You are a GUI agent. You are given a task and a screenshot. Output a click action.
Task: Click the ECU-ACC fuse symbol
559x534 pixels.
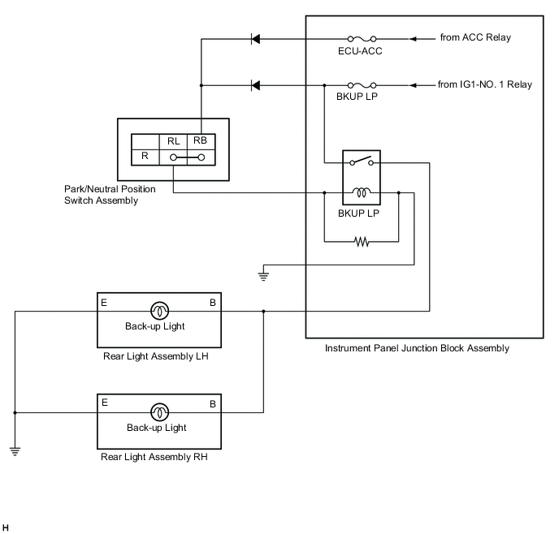(361, 38)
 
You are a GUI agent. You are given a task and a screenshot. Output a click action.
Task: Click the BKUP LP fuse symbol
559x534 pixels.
(361, 84)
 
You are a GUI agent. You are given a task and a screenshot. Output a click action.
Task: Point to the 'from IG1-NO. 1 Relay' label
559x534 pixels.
(485, 84)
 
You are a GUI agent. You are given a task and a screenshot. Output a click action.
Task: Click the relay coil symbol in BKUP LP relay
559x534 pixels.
(362, 193)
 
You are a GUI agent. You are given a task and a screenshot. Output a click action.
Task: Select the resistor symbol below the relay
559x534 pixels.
(362, 241)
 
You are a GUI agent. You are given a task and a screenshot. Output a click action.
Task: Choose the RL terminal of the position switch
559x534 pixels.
(174, 140)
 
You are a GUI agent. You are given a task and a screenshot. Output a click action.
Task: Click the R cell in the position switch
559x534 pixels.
(145, 154)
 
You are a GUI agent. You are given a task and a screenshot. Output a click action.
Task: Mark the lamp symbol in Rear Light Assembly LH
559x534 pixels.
(158, 310)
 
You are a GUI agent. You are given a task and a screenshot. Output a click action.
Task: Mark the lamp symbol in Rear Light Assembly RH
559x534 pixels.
(158, 412)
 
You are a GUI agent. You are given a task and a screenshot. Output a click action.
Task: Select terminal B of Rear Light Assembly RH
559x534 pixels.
(213, 403)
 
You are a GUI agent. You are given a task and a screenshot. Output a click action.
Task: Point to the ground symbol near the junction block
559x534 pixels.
(262, 275)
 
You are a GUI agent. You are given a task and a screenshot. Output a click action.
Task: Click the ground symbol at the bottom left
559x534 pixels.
(15, 450)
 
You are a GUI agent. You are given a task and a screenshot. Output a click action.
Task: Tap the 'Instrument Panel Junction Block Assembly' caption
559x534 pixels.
(417, 349)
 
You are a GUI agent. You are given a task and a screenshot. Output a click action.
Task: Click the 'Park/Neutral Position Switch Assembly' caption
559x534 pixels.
(109, 195)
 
